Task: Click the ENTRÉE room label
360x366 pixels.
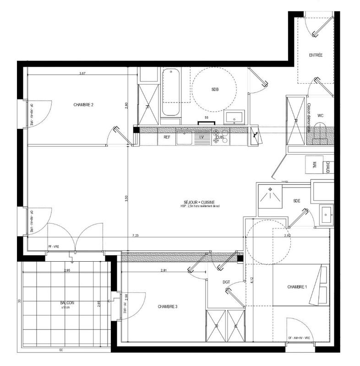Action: click(x=316, y=55)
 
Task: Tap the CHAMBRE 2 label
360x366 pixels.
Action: click(x=83, y=105)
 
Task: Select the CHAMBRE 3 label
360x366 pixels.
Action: click(x=168, y=306)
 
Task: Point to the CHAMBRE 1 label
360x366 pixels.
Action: click(x=297, y=287)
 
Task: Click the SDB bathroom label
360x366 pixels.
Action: click(x=215, y=89)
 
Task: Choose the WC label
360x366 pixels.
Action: click(x=321, y=115)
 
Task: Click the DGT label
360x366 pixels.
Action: click(x=226, y=282)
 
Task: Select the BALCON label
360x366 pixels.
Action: click(x=67, y=303)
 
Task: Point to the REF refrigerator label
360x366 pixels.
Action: click(x=167, y=137)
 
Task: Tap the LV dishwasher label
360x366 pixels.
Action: click(x=200, y=137)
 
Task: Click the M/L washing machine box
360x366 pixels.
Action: click(x=314, y=164)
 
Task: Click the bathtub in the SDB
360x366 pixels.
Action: click(x=171, y=92)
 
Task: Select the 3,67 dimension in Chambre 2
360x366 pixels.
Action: click(x=82, y=73)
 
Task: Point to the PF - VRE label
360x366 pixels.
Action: click(x=54, y=247)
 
